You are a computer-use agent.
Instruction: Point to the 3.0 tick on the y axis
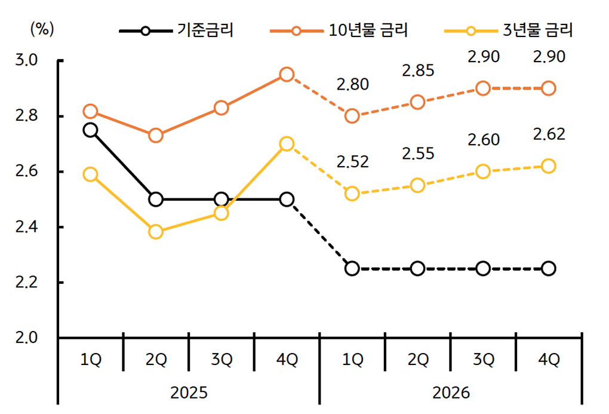pos(27,60)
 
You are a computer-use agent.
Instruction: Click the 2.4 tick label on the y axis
pos(27,227)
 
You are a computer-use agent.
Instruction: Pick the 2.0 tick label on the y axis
pos(27,338)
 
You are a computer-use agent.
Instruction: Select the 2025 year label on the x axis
pos(189,392)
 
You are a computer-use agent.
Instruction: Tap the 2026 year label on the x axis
pos(451,392)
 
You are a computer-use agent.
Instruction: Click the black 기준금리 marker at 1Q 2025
pos(90,130)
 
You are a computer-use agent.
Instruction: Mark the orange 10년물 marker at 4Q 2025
pos(287,75)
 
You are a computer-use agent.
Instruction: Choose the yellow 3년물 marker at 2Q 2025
pos(156,232)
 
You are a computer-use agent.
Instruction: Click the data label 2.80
pos(352,85)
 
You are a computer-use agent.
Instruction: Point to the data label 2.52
pos(352,161)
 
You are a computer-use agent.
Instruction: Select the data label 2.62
pos(549,134)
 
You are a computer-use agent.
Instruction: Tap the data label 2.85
pos(418,71)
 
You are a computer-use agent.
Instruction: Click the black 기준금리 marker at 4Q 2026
pos(549,268)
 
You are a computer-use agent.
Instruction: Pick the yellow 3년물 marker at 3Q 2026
pos(483,171)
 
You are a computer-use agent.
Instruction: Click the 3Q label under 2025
pos(222,359)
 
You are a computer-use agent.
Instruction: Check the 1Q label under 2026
pos(352,359)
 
